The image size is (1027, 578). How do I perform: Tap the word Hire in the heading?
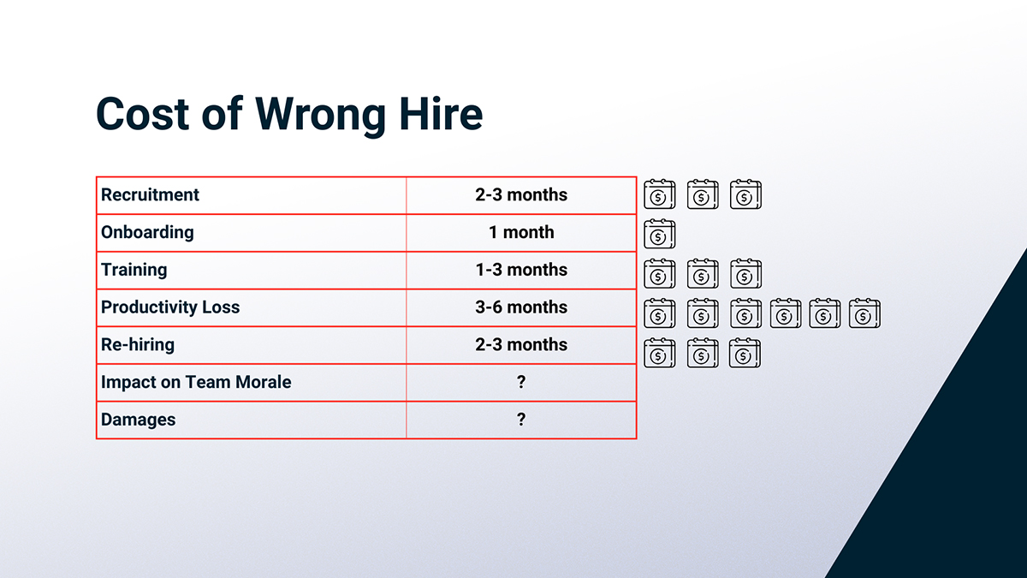pyautogui.click(x=441, y=114)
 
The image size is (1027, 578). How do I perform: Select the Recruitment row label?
pyautogui.click(x=150, y=195)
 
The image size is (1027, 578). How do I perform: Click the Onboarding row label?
pyautogui.click(x=147, y=233)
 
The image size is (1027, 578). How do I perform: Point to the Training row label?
pyautogui.click(x=134, y=270)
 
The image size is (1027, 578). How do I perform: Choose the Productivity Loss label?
pyautogui.click(x=170, y=307)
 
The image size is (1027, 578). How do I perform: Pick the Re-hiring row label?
pyautogui.click(x=138, y=345)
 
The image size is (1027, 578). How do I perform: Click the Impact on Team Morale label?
pyautogui.click(x=196, y=382)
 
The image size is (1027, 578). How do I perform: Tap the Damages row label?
pyautogui.click(x=138, y=420)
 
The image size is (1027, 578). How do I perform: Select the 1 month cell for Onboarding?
pyautogui.click(x=521, y=232)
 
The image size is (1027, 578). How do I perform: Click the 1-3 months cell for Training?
pyautogui.click(x=521, y=270)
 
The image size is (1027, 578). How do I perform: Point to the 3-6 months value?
pyautogui.click(x=521, y=307)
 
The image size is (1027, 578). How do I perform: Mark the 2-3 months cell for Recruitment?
pyautogui.click(x=521, y=195)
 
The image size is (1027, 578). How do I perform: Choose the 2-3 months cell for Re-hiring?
pyautogui.click(x=521, y=344)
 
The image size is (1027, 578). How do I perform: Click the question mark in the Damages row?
pyautogui.click(x=521, y=420)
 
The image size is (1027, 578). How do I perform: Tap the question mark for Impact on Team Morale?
pyautogui.click(x=521, y=382)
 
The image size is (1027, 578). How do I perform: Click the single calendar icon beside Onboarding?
pyautogui.click(x=660, y=234)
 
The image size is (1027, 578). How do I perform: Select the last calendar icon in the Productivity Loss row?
pyautogui.click(x=864, y=313)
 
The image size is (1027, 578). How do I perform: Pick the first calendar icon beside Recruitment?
pyautogui.click(x=660, y=194)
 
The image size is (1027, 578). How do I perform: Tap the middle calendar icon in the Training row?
pyautogui.click(x=703, y=274)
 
